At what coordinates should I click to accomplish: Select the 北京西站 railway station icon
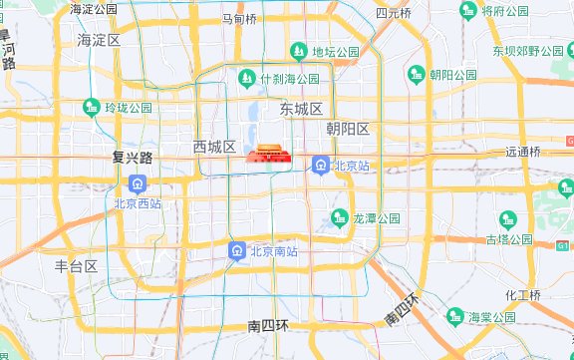point(138,184)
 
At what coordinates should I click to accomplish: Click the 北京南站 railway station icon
point(236,251)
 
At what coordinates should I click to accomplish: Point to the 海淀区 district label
point(99,40)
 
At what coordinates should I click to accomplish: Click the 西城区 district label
point(214,148)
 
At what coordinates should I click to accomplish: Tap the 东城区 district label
point(301,109)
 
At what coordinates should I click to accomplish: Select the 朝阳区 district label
point(348,130)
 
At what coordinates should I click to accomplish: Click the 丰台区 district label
point(76,266)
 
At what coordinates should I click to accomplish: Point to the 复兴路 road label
point(132,158)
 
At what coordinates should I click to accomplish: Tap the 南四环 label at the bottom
point(268,326)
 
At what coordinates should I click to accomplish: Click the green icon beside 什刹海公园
point(246,77)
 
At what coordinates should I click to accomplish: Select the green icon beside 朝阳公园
point(417,74)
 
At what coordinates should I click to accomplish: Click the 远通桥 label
point(522,153)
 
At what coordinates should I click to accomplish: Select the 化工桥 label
point(522,295)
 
